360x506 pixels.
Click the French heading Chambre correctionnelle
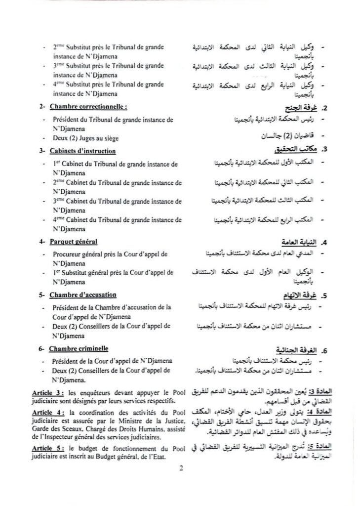[85, 106]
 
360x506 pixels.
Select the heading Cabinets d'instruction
[82, 151]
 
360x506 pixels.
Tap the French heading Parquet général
[73, 242]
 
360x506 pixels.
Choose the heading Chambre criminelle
[79, 349]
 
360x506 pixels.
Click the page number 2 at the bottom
[181, 469]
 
